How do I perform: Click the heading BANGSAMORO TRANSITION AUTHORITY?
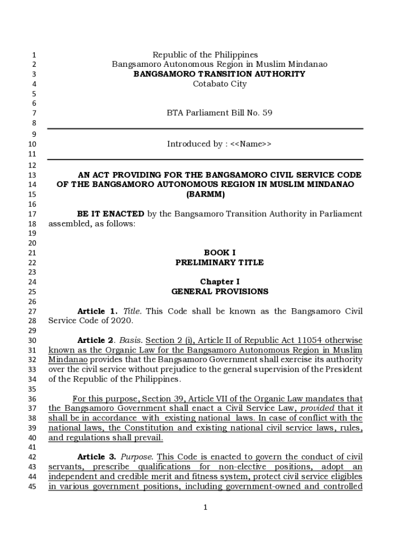(219, 74)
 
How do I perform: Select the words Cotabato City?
(219, 83)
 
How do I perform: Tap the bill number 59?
(267, 113)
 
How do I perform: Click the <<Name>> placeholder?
(251, 144)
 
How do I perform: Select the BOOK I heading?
(219, 253)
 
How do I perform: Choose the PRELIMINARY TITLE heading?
(219, 262)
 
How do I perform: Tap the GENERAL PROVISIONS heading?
(219, 292)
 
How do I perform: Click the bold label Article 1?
(97, 311)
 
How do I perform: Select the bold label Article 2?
(97, 340)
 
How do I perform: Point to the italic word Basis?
(130, 340)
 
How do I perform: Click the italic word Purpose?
(137, 457)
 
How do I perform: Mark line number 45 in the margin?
(32, 486)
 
